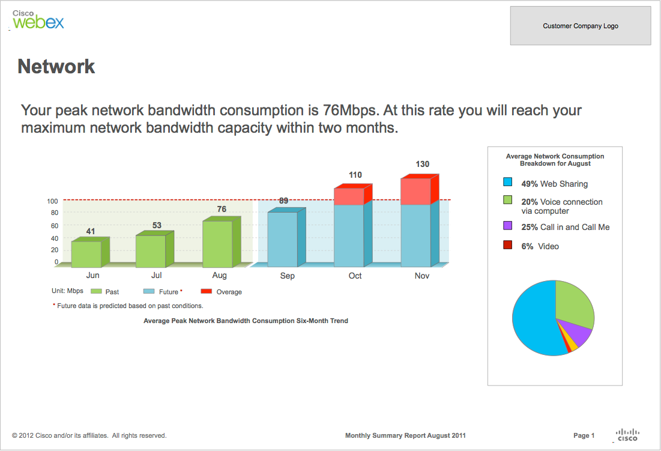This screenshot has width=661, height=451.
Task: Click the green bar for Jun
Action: tap(86, 254)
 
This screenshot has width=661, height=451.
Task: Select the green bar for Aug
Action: tap(217, 244)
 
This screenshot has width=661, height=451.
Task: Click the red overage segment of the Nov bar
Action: tap(416, 192)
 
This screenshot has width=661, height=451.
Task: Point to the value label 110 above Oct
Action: tap(355, 175)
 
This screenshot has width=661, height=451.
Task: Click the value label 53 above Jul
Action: tap(157, 225)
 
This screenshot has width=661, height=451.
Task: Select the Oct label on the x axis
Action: tap(355, 276)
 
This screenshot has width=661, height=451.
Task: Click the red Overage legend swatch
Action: tap(207, 291)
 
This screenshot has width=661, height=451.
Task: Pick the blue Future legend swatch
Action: tap(149, 291)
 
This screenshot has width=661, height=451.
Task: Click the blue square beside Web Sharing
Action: tap(508, 183)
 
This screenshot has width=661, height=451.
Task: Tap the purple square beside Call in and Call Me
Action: tap(508, 226)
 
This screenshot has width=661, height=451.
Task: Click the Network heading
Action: tap(56, 66)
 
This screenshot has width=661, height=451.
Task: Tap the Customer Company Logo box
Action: tap(581, 26)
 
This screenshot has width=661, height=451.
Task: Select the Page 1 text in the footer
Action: tap(584, 435)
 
